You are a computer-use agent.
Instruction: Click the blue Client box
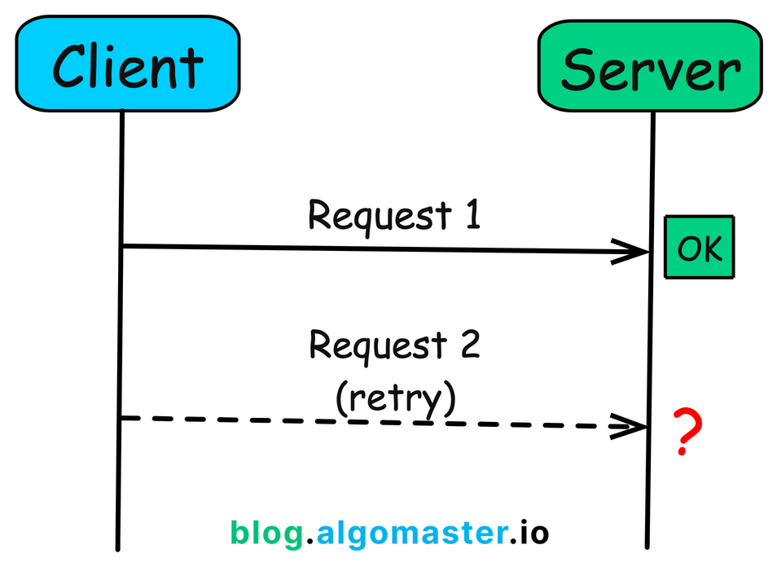tap(127, 64)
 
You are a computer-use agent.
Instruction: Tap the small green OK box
tap(700, 248)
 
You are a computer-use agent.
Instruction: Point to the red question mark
tap(687, 433)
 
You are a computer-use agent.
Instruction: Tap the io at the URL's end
tap(534, 533)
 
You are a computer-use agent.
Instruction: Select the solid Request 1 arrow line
tap(367, 248)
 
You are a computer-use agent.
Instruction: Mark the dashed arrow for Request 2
tap(367, 421)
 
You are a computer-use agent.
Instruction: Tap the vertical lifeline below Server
tap(651, 342)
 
